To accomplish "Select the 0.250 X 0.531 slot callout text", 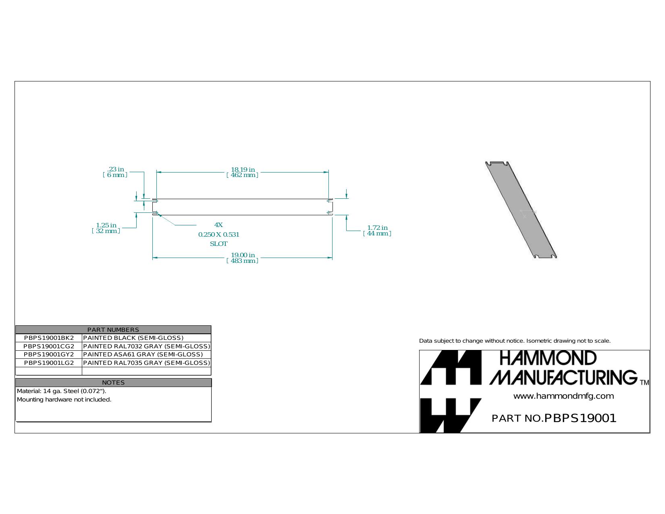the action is tap(218, 235).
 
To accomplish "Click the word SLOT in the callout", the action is tap(218, 244).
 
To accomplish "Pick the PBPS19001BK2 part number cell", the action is tap(49, 338).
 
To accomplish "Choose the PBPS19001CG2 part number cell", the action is tap(49, 346).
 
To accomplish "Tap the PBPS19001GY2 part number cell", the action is tap(49, 354).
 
